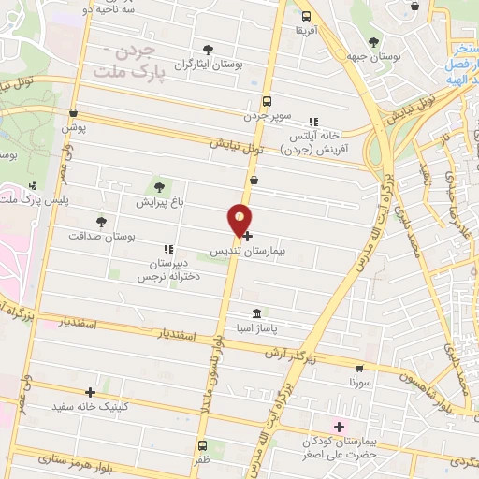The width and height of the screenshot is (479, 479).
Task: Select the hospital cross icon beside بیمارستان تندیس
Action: (247, 236)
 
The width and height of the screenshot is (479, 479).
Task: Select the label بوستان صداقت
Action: (102, 237)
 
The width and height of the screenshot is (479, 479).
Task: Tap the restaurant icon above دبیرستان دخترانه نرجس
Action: (168, 249)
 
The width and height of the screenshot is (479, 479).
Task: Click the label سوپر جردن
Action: (269, 117)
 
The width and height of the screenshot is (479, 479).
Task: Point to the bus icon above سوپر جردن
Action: (267, 101)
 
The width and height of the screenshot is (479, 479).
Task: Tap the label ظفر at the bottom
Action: (203, 461)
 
